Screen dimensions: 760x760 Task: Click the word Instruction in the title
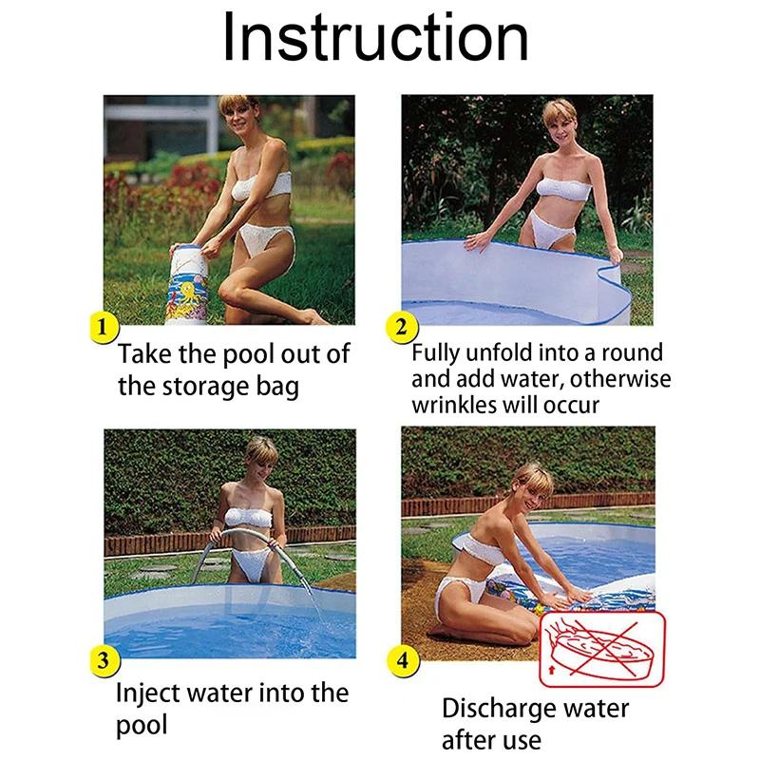375,37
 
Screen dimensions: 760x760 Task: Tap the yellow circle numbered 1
104,328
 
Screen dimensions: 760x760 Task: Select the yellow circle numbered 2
401,328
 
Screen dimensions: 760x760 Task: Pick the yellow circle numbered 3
104,660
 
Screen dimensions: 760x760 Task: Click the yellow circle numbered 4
402,660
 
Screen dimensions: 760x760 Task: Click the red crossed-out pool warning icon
602,649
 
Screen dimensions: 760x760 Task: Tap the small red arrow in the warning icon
550,671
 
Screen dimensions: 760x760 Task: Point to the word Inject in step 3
147,693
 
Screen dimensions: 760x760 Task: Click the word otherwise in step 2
620,379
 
